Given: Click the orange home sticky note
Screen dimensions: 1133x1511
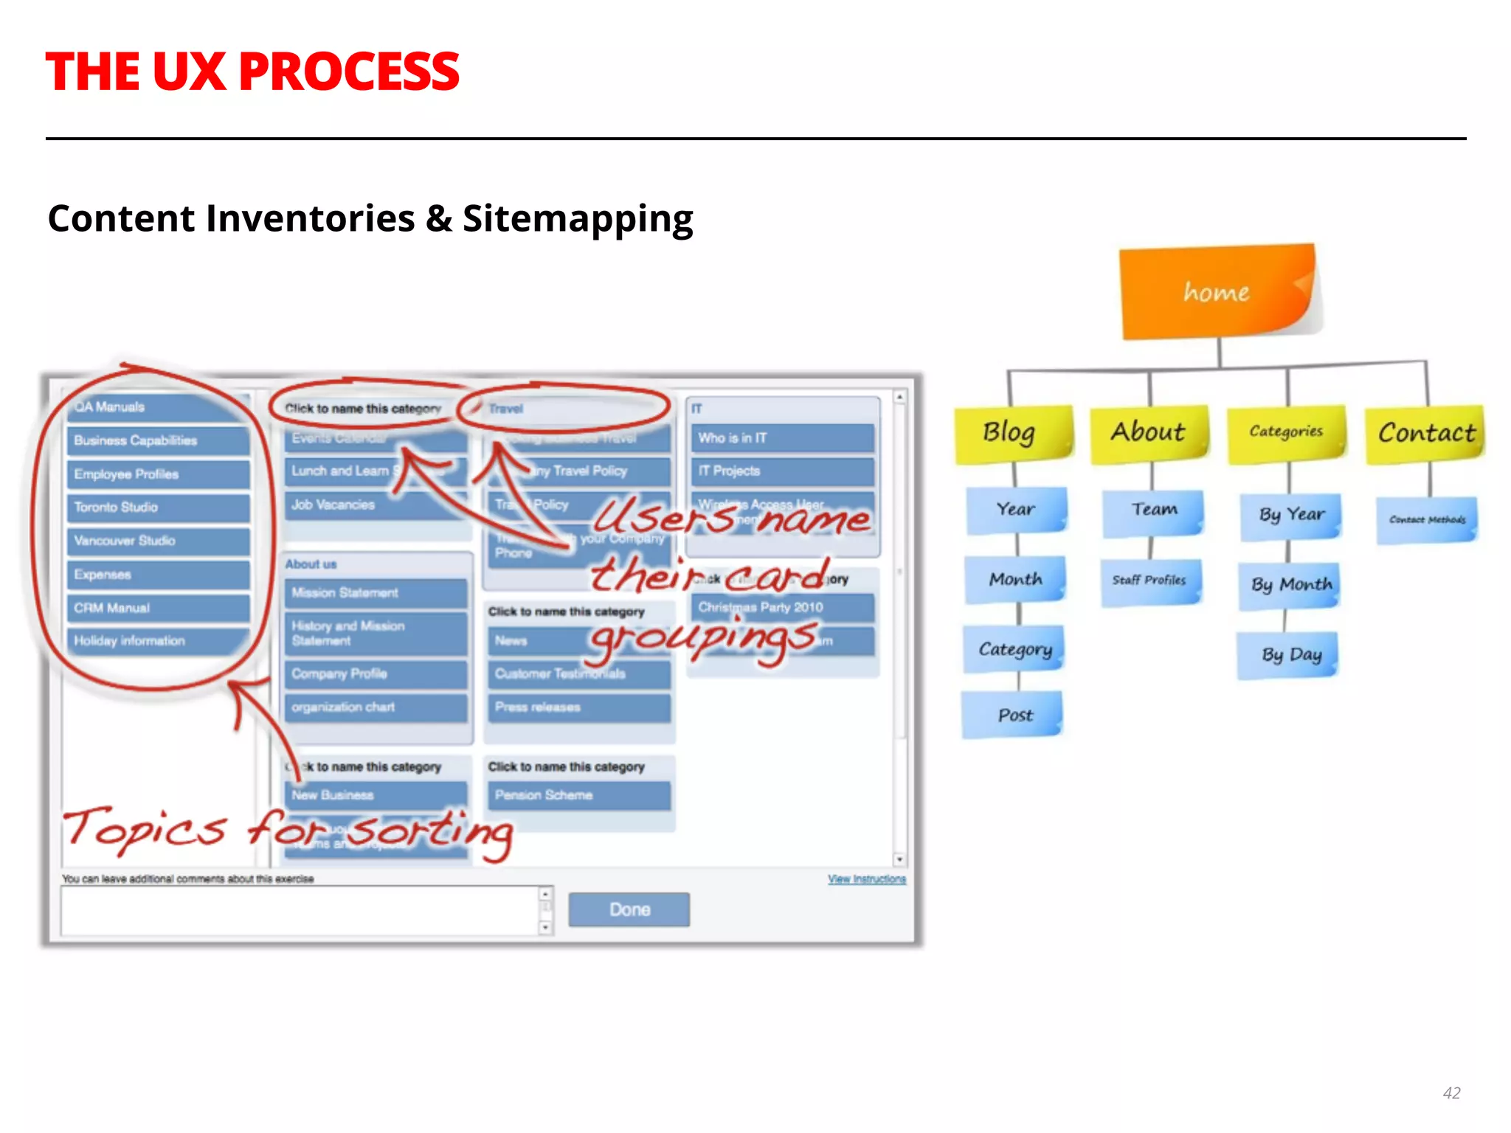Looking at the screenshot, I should pos(1217,292).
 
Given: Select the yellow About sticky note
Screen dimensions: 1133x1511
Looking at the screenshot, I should pos(1149,432).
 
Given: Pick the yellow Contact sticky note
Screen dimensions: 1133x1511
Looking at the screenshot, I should pos(1425,433).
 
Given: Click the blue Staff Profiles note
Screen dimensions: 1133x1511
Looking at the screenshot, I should pos(1149,581).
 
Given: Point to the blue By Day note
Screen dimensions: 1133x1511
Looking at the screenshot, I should pos(1290,655).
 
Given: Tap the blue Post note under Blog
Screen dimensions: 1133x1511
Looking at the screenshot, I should pos(1014,715).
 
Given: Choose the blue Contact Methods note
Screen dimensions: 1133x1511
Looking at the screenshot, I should pos(1427,520).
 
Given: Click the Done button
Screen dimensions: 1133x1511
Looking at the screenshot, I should pos(629,909).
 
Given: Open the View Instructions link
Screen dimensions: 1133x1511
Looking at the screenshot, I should pos(866,879).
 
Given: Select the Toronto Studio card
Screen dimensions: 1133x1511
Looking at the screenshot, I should pos(158,507).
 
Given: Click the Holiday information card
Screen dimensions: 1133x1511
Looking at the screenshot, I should pos(158,641).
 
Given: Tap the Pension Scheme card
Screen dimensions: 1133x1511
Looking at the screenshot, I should pos(578,795).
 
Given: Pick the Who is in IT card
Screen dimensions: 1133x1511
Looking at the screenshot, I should pos(782,438).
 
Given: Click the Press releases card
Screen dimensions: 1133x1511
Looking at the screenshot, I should pos(578,707).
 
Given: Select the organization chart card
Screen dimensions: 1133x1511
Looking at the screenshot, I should pos(376,707).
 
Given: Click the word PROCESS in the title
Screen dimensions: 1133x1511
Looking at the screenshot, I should pos(349,72).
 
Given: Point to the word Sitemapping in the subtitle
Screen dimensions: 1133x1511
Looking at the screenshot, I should pos(578,219).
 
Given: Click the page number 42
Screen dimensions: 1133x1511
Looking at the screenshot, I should pos(1451,1093).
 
